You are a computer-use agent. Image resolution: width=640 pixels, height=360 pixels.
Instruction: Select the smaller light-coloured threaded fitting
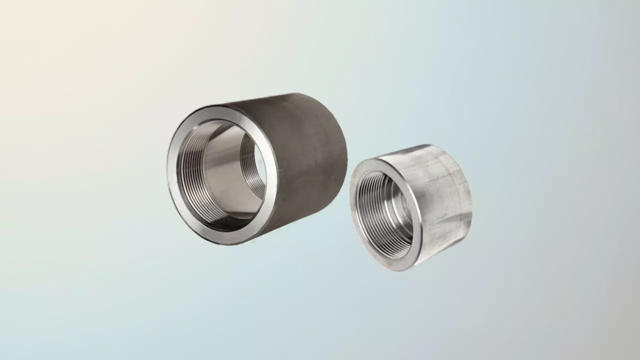(410, 207)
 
